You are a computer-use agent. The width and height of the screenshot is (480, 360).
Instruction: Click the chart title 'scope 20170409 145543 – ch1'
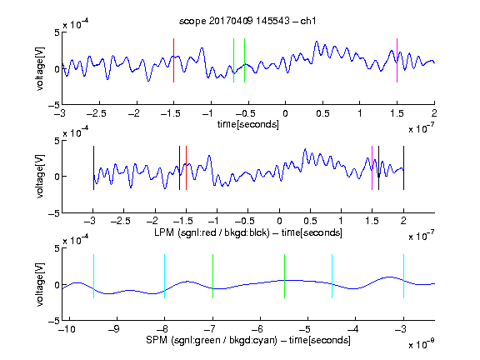(x=247, y=21)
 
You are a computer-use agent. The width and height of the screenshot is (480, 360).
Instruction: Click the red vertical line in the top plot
(x=173, y=60)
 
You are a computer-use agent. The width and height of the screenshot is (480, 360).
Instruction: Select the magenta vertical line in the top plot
(x=397, y=60)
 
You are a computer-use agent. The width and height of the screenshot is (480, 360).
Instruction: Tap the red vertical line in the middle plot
(x=186, y=168)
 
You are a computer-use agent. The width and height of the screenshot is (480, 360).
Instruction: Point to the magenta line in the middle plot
(x=372, y=168)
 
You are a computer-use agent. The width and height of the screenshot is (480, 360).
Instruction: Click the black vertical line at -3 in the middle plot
(x=93, y=168)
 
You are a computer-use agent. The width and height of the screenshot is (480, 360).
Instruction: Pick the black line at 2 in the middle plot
(x=403, y=168)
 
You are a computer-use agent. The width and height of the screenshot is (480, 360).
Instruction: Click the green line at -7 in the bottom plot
(x=212, y=276)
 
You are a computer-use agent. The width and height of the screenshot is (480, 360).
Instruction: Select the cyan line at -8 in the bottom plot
(x=165, y=276)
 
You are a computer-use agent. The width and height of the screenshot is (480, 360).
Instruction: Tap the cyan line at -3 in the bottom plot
(x=403, y=276)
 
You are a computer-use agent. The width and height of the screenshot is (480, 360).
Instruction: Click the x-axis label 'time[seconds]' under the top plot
(x=248, y=124)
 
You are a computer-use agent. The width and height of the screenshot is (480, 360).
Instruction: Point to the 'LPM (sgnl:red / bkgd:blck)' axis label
(x=212, y=232)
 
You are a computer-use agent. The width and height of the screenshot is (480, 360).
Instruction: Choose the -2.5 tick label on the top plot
(x=97, y=113)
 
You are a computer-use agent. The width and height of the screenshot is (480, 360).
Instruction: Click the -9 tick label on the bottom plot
(x=114, y=329)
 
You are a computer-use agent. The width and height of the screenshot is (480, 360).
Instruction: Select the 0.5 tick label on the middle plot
(x=310, y=221)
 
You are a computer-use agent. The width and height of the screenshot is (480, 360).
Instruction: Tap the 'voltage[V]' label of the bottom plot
(x=40, y=285)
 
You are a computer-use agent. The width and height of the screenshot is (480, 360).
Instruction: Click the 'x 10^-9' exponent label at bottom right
(x=422, y=344)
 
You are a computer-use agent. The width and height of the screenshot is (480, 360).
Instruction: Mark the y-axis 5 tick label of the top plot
(x=57, y=32)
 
